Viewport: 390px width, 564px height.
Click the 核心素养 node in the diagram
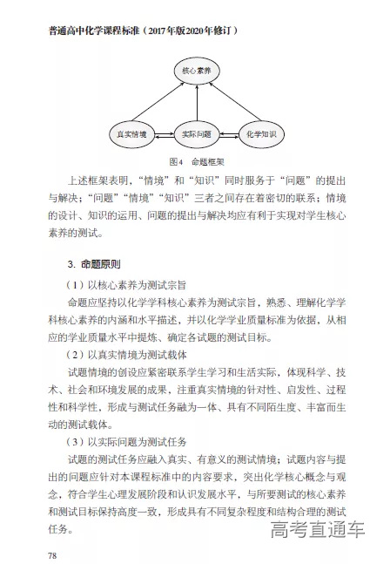[196, 68]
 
